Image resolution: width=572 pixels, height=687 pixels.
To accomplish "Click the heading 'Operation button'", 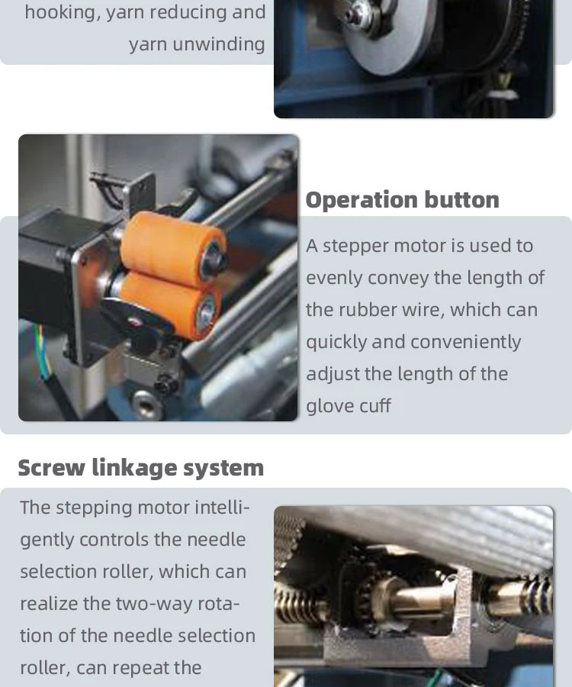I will coord(402,200).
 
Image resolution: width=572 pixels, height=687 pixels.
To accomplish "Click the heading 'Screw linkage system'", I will coord(140,468).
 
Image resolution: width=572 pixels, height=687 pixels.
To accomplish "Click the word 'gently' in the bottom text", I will coord(47,540).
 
